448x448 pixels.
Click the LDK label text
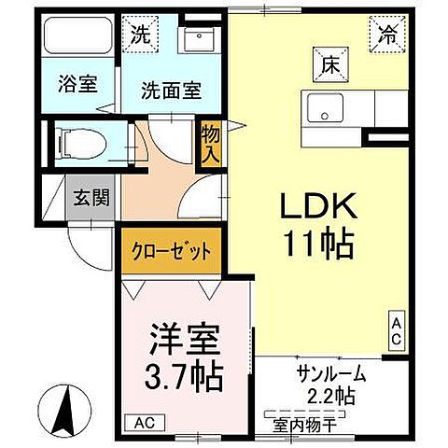coord(317,205)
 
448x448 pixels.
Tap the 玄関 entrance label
coord(91,197)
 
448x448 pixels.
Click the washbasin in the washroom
coord(199,40)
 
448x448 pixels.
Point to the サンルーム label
coord(332,377)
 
